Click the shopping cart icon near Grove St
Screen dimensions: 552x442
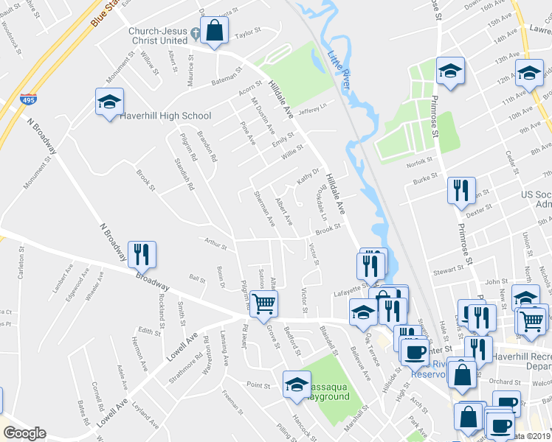[263, 303]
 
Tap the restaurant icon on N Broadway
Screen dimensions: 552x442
[140, 254]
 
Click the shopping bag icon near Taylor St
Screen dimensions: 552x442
[213, 31]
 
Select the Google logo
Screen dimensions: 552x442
[24, 433]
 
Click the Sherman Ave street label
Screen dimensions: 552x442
[263, 208]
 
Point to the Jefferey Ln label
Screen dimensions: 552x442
[312, 108]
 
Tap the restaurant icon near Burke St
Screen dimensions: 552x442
[460, 190]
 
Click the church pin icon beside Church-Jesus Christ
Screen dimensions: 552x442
[195, 33]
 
